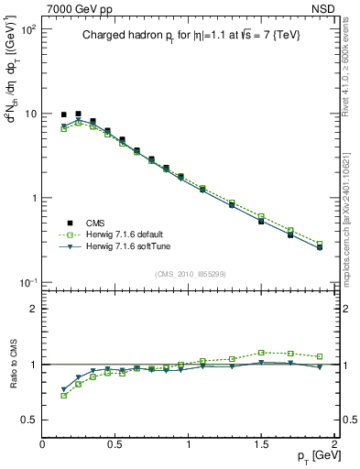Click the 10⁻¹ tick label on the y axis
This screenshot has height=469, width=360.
[26, 282]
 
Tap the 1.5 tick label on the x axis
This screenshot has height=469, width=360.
[261, 444]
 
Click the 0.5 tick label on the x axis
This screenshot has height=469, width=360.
[115, 444]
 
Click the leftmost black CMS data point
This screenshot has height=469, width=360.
[63, 115]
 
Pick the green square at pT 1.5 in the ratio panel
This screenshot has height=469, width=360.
[261, 352]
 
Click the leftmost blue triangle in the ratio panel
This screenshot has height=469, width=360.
[63, 388]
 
